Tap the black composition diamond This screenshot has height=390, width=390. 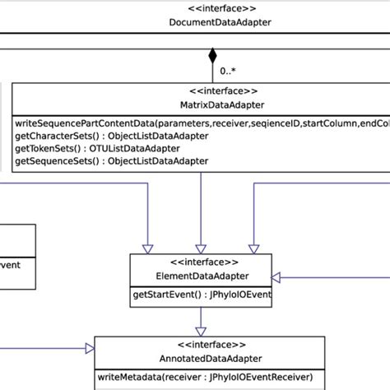212,57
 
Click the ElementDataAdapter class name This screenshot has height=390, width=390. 201,276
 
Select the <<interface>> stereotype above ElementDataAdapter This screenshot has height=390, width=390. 201,262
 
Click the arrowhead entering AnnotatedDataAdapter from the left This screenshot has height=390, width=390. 88,349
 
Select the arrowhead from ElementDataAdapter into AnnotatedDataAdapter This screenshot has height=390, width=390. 201,331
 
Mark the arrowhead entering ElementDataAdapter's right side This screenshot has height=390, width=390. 276,276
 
